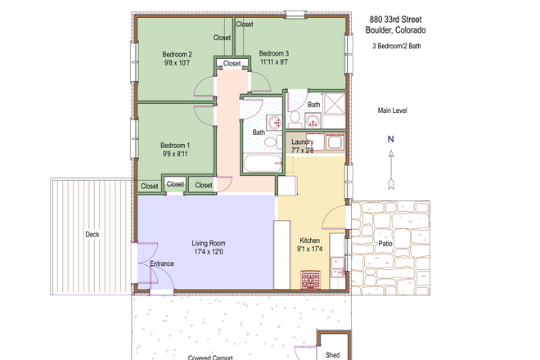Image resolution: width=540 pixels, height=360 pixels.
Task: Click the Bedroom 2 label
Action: pyautogui.click(x=178, y=54)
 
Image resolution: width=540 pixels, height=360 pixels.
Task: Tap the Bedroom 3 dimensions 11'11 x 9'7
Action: pyautogui.click(x=274, y=62)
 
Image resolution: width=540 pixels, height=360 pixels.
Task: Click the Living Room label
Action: pyautogui.click(x=208, y=243)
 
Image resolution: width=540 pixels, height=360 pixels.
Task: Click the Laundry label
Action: pyautogui.click(x=303, y=142)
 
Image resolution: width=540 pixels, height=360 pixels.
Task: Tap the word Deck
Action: pyautogui.click(x=92, y=235)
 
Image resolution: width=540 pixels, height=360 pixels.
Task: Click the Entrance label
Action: pyautogui.click(x=162, y=263)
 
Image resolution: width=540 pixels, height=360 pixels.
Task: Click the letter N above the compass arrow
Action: pyautogui.click(x=391, y=139)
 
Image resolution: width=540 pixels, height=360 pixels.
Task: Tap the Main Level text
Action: pyautogui.click(x=392, y=110)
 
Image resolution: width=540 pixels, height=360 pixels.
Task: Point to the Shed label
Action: pyautogui.click(x=333, y=355)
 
